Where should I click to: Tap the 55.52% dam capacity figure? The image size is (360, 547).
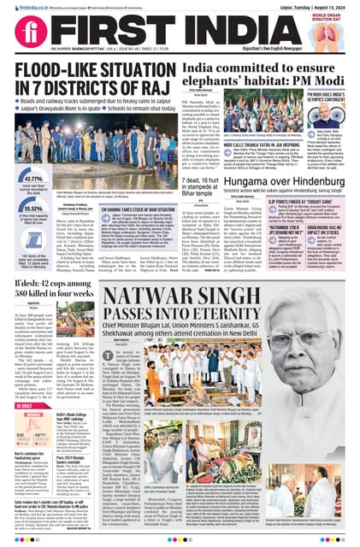pos(25,208)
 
